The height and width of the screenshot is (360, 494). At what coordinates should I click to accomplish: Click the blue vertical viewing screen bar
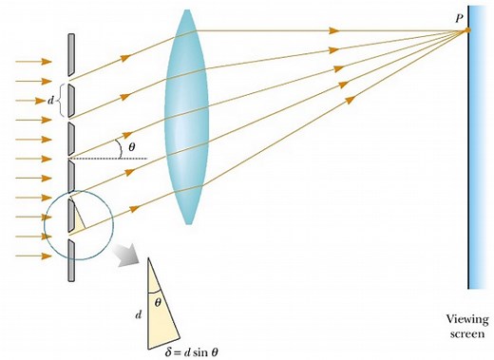(471, 161)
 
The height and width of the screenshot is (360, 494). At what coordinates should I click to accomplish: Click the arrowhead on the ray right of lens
(334, 31)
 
